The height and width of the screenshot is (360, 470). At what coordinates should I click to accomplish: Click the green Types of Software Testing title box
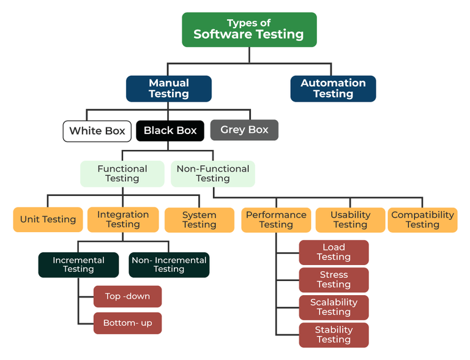click(x=248, y=29)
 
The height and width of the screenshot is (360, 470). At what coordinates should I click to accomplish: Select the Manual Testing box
click(x=169, y=88)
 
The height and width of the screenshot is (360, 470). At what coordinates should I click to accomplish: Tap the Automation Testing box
click(x=333, y=88)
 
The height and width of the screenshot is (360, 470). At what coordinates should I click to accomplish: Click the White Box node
click(x=97, y=130)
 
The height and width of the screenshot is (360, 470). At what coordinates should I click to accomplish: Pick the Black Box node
click(x=170, y=130)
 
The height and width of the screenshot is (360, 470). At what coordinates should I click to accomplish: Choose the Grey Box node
click(x=244, y=130)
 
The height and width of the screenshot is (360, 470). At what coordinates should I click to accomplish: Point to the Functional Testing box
click(x=122, y=173)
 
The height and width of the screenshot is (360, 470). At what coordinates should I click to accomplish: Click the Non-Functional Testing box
click(x=212, y=173)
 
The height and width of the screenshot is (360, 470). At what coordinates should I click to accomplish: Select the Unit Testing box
click(x=48, y=219)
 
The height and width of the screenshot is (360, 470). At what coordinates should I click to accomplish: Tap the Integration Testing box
click(x=122, y=219)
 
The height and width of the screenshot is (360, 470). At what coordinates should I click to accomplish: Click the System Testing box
click(x=199, y=220)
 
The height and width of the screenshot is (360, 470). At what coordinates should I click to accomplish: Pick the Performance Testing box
click(x=276, y=220)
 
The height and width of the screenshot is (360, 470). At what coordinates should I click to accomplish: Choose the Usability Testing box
click(x=350, y=220)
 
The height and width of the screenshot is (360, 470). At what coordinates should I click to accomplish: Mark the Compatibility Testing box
click(x=422, y=220)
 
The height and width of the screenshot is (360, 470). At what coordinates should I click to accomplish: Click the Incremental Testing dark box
click(x=78, y=264)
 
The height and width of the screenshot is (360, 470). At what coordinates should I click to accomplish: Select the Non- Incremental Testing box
click(x=169, y=264)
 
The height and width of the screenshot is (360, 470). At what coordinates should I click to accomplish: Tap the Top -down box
click(x=127, y=296)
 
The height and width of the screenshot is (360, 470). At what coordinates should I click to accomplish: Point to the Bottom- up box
click(x=127, y=323)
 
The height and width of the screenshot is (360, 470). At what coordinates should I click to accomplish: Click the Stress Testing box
click(x=334, y=280)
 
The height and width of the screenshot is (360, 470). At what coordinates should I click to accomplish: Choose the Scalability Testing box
click(x=334, y=307)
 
